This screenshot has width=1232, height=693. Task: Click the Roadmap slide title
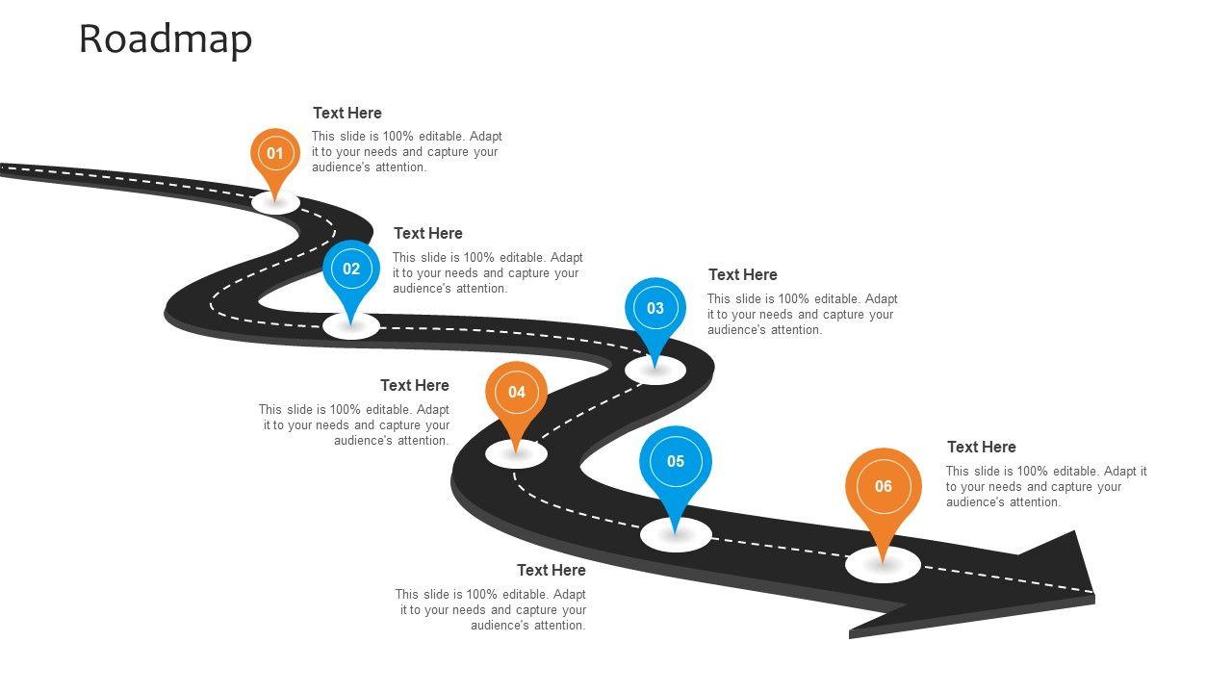pyautogui.click(x=166, y=39)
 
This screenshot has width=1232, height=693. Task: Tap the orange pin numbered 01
pyautogui.click(x=275, y=154)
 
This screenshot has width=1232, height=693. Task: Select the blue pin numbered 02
pyautogui.click(x=351, y=269)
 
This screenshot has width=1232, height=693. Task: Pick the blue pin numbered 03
pyautogui.click(x=655, y=309)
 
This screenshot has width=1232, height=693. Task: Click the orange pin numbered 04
pyautogui.click(x=517, y=393)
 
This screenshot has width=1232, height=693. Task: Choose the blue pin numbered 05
pyautogui.click(x=676, y=462)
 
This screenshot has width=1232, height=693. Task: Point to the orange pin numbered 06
pyautogui.click(x=884, y=487)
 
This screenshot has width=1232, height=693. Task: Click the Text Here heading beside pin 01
pyautogui.click(x=346, y=114)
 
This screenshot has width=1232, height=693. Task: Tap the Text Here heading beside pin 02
pyautogui.click(x=427, y=234)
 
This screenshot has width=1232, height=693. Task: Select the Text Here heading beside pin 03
pyautogui.click(x=742, y=275)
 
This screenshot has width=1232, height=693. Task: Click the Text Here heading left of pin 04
pyautogui.click(x=414, y=386)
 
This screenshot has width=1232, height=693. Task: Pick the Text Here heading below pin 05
pyautogui.click(x=551, y=571)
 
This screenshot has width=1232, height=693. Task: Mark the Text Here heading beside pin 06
pyautogui.click(x=981, y=448)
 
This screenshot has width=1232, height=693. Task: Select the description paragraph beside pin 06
pyautogui.click(x=1045, y=487)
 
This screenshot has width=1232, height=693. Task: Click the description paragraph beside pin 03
pyautogui.click(x=802, y=315)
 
